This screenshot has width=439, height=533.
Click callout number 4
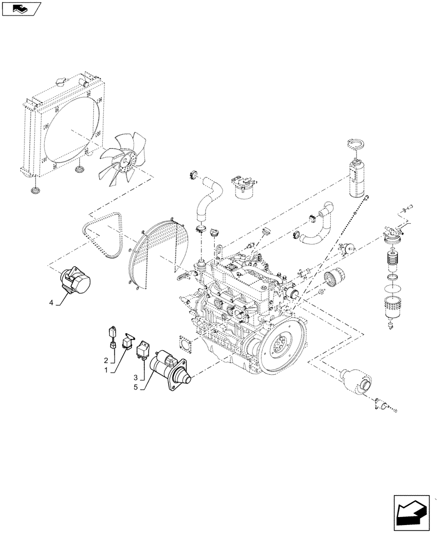coord(52,303)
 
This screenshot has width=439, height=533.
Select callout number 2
coord(106,361)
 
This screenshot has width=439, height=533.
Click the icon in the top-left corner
coord(21,8)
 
